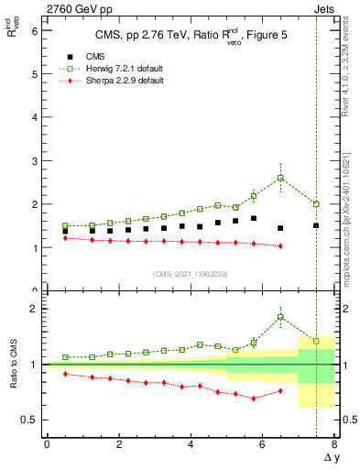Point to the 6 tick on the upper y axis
(35, 30)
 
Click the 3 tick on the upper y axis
(35, 160)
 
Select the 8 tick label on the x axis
(334, 444)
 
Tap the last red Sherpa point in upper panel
(280, 245)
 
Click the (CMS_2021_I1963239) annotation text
(191, 273)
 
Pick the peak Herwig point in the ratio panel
(280, 317)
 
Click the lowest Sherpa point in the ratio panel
(254, 398)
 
